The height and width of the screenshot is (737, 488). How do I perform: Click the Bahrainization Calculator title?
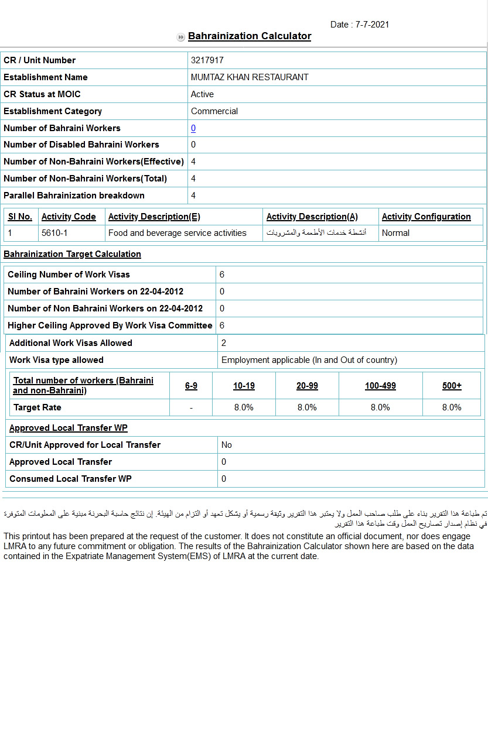pyautogui.click(x=250, y=36)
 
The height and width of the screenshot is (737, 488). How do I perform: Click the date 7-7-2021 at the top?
pyautogui.click(x=360, y=25)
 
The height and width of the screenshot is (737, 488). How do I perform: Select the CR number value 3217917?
pyautogui.click(x=207, y=60)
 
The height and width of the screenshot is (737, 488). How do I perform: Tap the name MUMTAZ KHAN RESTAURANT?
pyautogui.click(x=250, y=77)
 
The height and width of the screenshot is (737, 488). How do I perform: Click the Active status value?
pyautogui.click(x=202, y=94)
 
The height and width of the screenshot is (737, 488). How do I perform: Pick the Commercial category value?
pyautogui.click(x=214, y=111)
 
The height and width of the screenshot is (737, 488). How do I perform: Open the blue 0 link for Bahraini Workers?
pyautogui.click(x=193, y=128)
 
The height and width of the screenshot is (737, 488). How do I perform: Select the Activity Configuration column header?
pyautogui.click(x=426, y=217)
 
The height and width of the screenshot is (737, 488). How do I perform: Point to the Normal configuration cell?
pyautogui.click(x=395, y=233)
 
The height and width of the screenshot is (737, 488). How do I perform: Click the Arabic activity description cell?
pyautogui.click(x=316, y=233)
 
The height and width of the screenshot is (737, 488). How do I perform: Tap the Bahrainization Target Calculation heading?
pyautogui.click(x=72, y=254)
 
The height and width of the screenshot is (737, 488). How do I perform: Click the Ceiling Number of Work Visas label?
pyautogui.click(x=69, y=275)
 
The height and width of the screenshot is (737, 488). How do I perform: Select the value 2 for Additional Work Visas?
pyautogui.click(x=224, y=343)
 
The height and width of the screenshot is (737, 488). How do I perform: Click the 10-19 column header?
pyautogui.click(x=244, y=386)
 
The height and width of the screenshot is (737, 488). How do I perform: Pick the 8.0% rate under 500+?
pyautogui.click(x=452, y=407)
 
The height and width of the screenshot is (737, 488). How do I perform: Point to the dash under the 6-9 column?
pyautogui.click(x=191, y=407)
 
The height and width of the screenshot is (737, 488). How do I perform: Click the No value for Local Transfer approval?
pyautogui.click(x=227, y=445)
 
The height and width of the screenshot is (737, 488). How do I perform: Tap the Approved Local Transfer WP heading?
pyautogui.click(x=69, y=428)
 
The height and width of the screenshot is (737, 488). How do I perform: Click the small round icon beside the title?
pyautogui.click(x=180, y=37)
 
